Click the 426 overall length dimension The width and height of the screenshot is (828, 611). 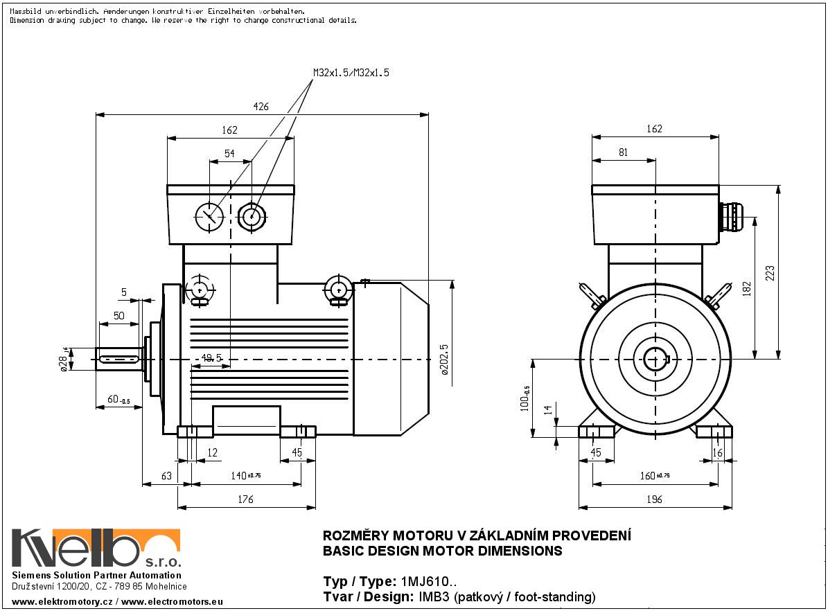click(261, 107)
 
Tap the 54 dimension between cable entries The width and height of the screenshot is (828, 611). click(229, 154)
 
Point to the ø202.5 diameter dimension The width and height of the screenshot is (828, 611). click(445, 359)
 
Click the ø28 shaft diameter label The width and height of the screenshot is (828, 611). click(64, 360)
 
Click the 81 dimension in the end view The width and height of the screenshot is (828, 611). click(623, 152)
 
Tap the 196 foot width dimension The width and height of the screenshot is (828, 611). click(654, 499)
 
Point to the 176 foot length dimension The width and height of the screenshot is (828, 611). click(245, 499)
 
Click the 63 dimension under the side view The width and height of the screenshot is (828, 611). click(166, 476)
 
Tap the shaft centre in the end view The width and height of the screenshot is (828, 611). click(654, 359)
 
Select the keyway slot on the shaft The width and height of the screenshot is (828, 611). click(120, 359)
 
